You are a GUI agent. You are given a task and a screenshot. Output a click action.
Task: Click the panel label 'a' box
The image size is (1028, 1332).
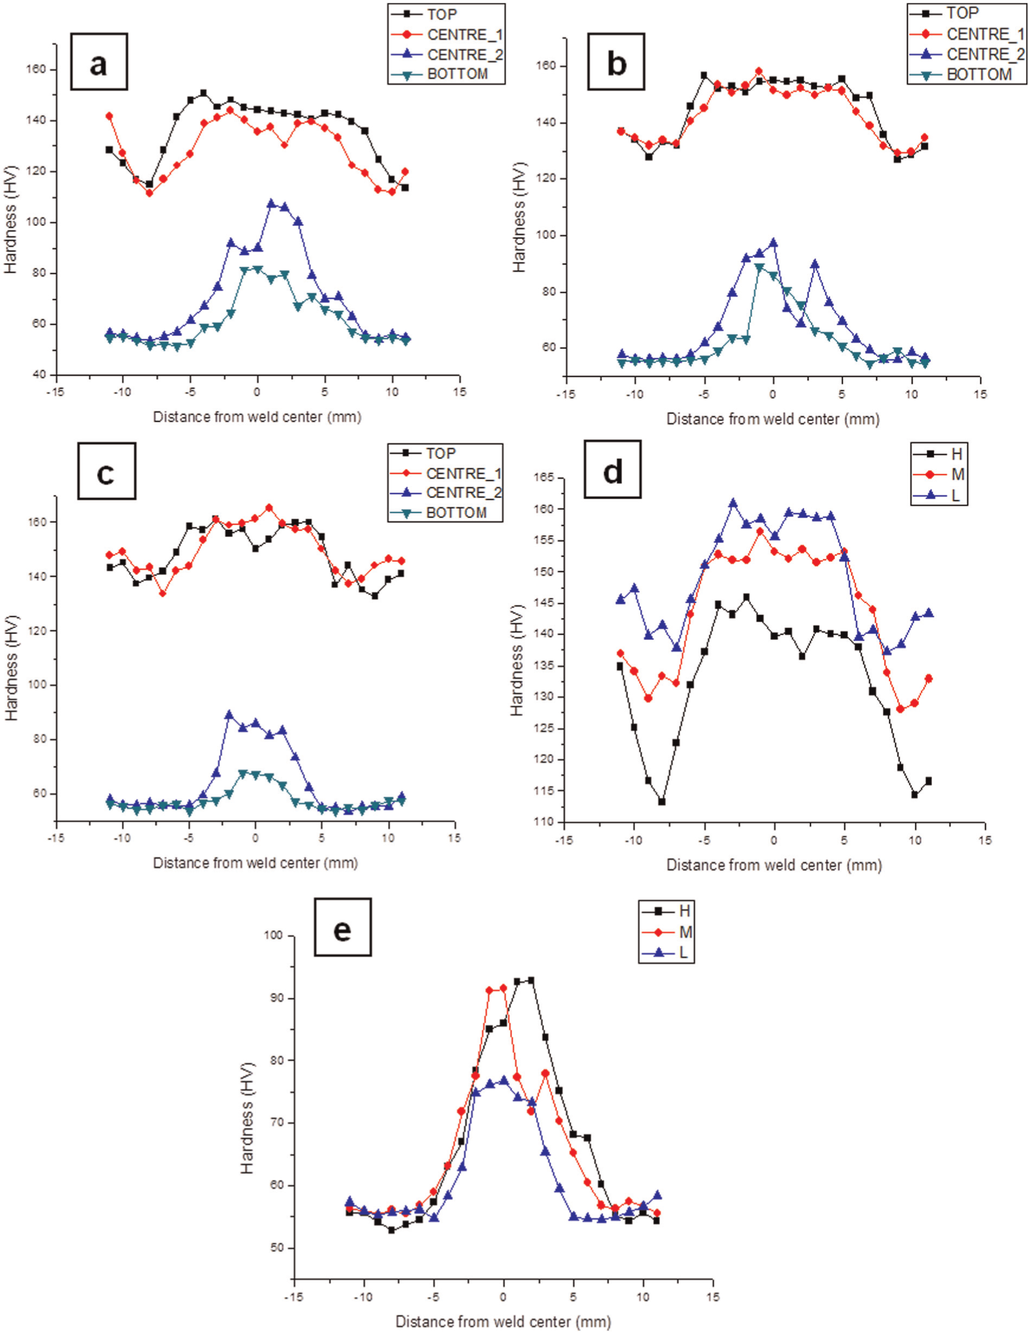99,62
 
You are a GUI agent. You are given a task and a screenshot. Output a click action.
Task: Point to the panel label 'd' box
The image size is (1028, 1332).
612,470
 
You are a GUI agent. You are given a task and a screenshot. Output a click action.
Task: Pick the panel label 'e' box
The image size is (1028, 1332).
342,927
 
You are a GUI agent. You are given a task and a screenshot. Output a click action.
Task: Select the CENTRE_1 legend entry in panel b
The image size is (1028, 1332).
965,34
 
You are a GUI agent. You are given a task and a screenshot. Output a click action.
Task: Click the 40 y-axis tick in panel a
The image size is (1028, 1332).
40,374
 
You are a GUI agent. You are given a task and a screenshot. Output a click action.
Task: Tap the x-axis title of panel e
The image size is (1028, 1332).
503,1321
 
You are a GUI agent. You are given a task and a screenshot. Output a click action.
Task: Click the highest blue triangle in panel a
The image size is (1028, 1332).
271,203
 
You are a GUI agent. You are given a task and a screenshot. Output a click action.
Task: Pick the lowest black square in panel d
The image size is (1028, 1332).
662,801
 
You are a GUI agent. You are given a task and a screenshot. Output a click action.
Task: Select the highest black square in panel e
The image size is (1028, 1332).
531,980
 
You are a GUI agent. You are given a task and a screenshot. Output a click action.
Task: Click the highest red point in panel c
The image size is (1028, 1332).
269,507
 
